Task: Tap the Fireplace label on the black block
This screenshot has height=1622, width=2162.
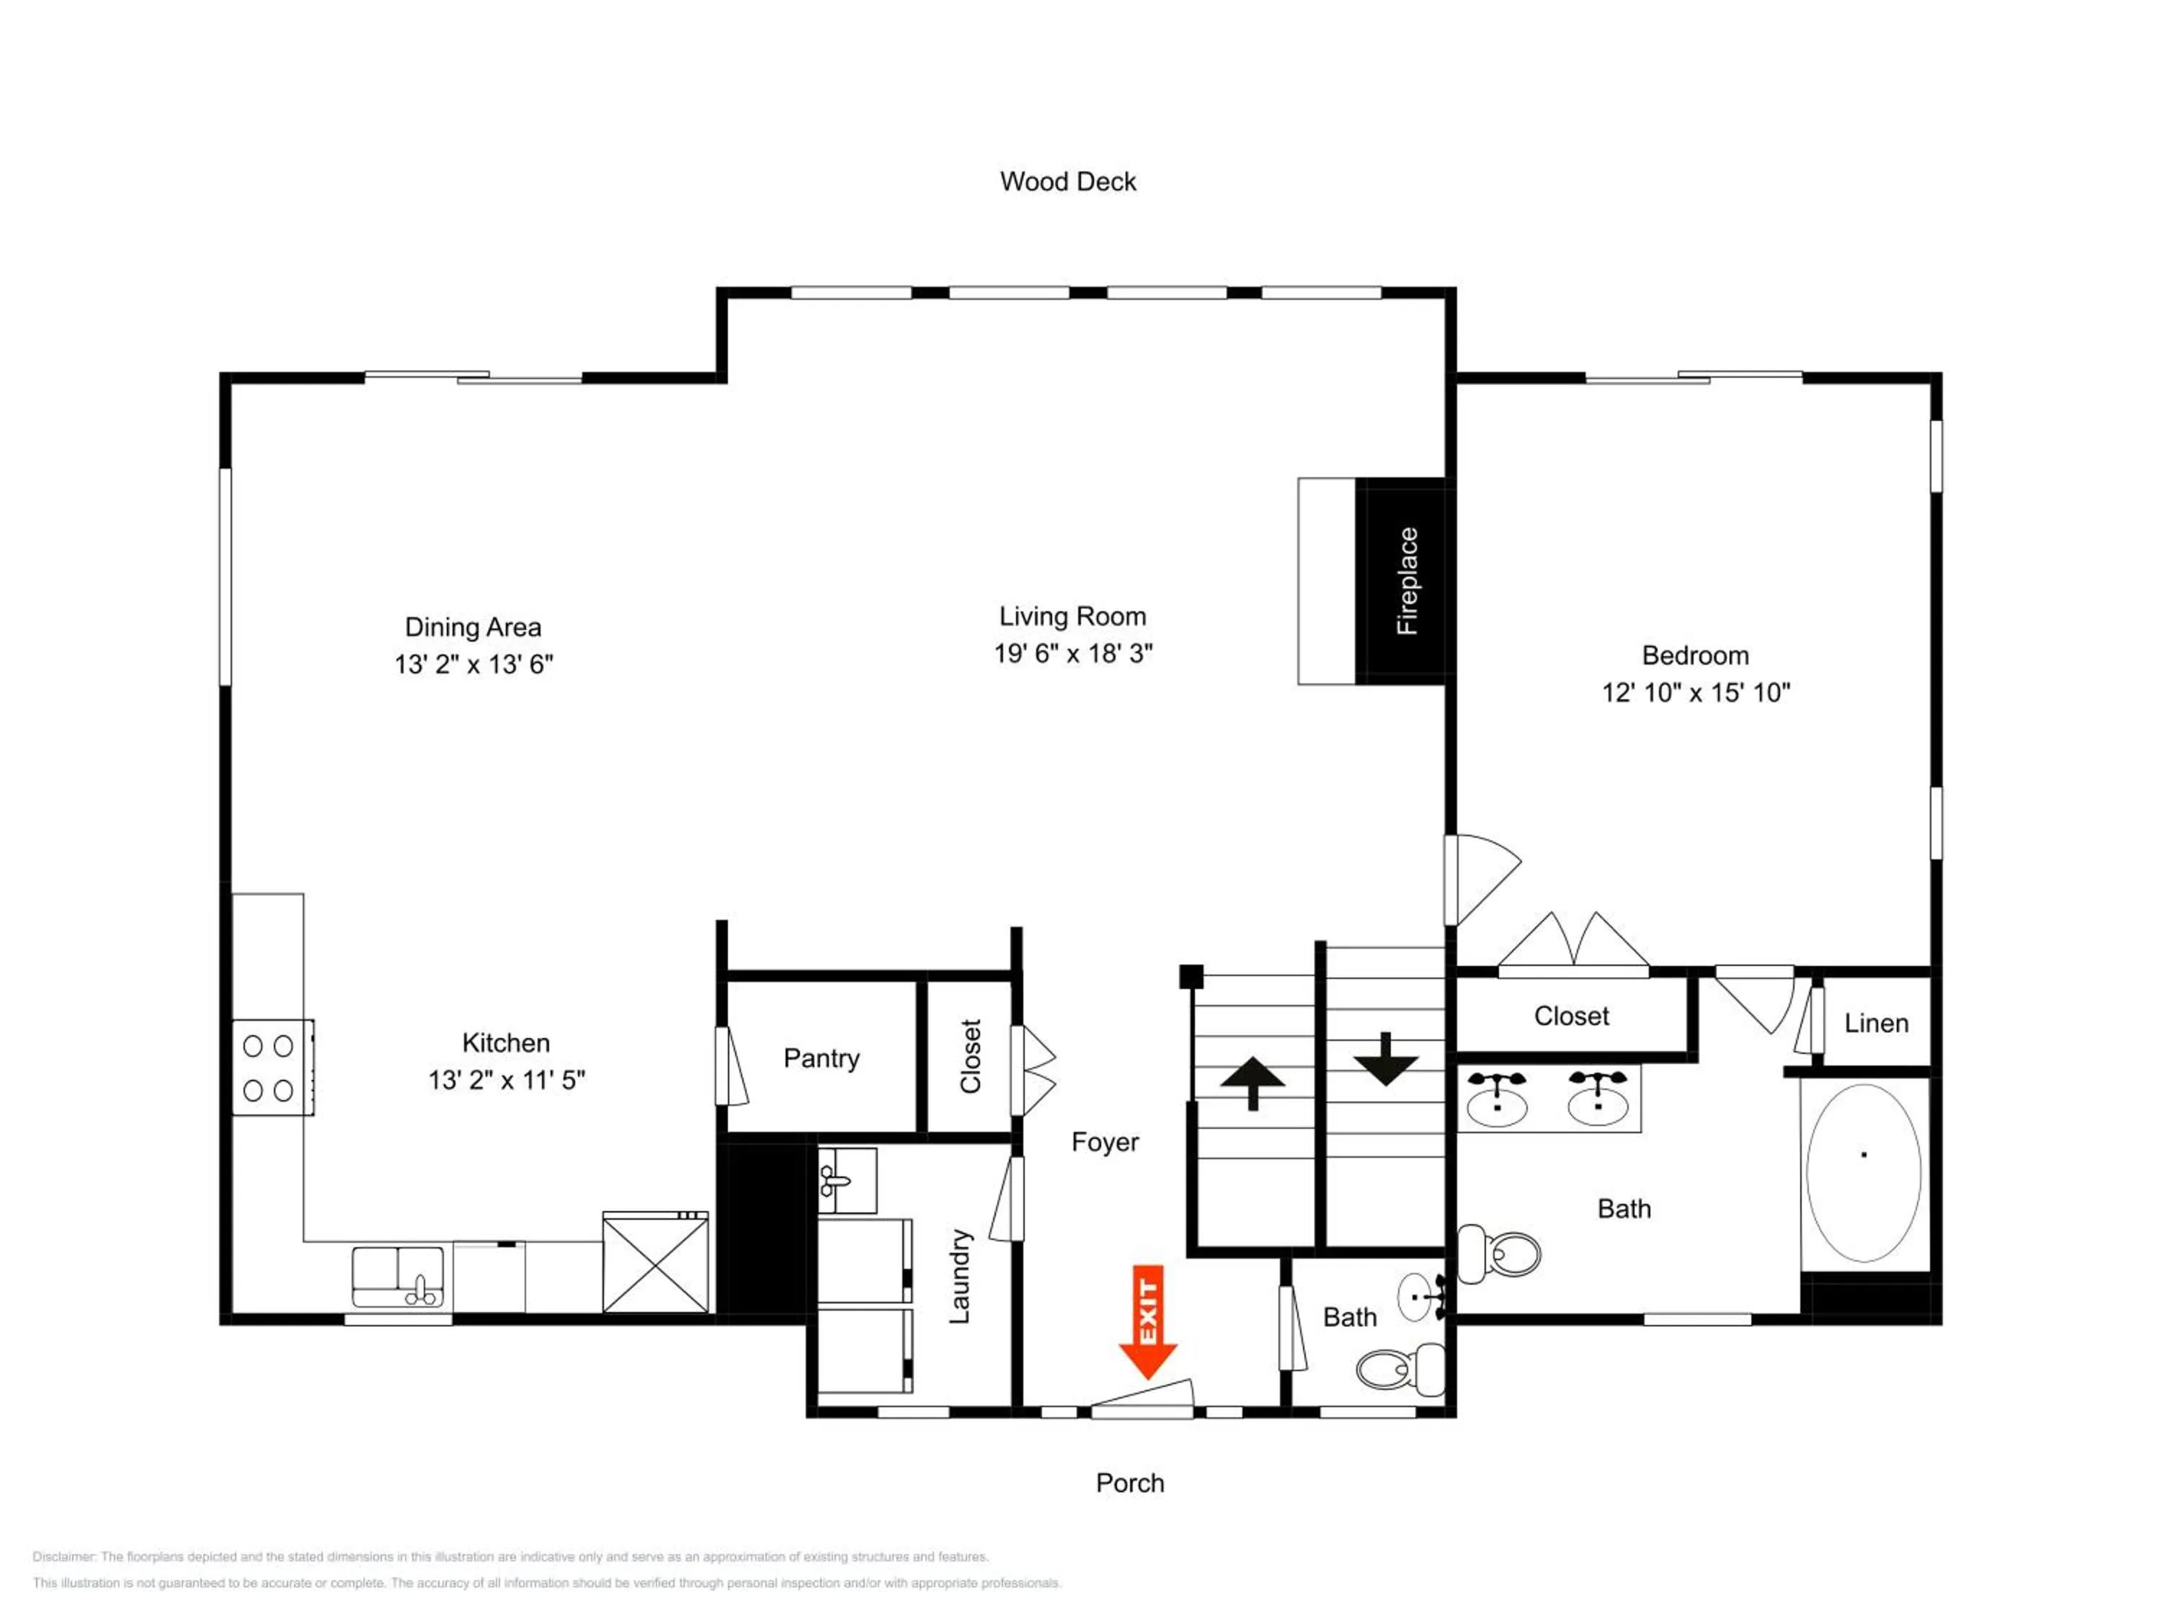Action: click(1407, 581)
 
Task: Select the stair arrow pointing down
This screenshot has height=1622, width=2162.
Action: click(1386, 1059)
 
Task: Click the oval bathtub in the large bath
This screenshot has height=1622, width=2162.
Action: click(1864, 1173)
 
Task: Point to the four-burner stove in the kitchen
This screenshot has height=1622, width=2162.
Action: click(272, 1067)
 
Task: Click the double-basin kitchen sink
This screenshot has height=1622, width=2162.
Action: click(398, 1277)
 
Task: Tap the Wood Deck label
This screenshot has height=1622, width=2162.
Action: click(1068, 182)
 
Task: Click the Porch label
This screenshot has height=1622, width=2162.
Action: click(1130, 1483)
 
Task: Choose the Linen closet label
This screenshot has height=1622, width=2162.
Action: click(1877, 1024)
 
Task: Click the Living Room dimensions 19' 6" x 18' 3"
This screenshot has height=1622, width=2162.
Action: click(1073, 653)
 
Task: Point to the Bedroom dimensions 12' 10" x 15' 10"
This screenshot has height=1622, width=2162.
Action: click(1696, 692)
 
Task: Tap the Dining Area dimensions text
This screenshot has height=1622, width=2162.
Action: click(474, 664)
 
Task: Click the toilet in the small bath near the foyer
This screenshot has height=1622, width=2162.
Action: click(1400, 1370)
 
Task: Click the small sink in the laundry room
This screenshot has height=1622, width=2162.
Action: click(847, 1180)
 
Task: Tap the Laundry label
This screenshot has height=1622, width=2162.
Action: click(960, 1276)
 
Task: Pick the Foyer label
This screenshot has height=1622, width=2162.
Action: click(1106, 1142)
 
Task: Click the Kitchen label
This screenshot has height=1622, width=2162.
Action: click(507, 1042)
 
